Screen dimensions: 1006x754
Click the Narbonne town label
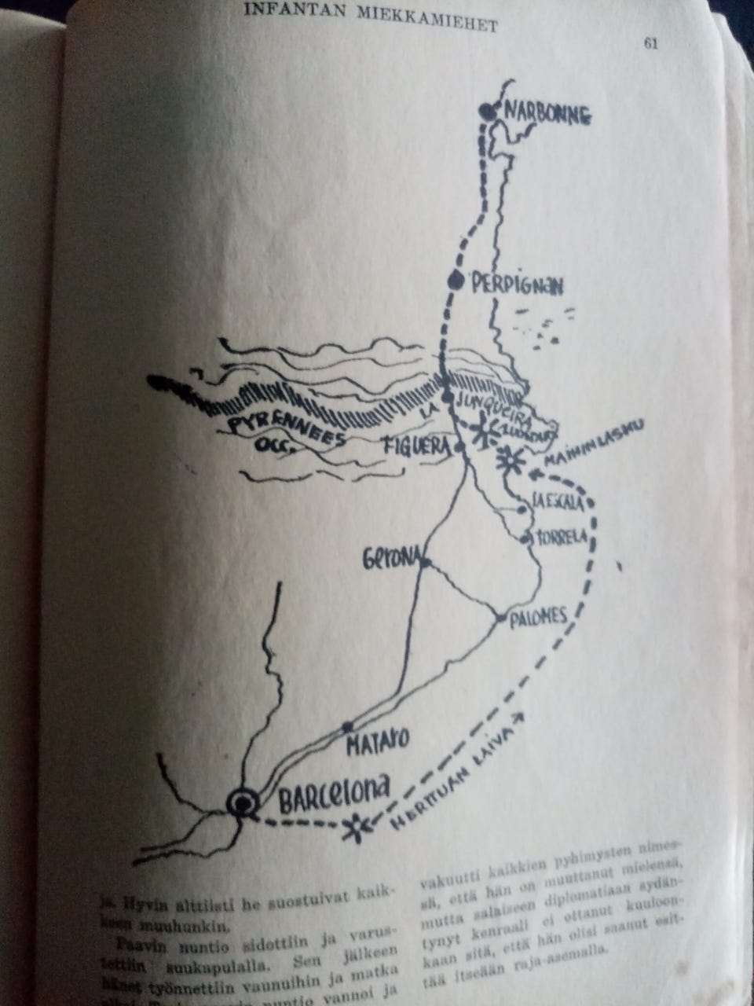547,116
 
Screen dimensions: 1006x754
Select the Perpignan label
517,285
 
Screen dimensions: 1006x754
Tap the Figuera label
415,448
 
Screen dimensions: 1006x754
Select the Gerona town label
390,560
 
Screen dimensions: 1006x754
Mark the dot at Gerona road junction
425,562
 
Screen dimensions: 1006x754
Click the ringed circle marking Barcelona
243,802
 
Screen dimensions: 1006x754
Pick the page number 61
650,44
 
